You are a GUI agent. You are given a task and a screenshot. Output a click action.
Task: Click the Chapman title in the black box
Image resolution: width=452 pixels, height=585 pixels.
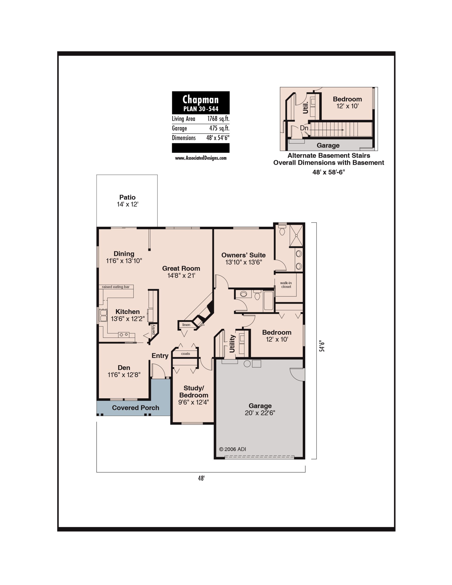(x=200, y=99)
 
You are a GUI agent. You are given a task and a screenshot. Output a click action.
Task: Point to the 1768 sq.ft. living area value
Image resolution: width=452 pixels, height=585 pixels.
(x=218, y=119)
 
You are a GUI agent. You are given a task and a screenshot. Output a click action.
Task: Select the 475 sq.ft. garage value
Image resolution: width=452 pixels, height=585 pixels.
(x=219, y=128)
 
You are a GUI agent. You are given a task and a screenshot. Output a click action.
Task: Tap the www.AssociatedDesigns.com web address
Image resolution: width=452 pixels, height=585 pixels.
(x=201, y=158)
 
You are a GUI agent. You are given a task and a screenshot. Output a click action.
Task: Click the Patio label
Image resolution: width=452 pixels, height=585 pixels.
(x=127, y=197)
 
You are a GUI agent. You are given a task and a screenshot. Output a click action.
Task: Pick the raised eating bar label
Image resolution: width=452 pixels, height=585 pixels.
(x=116, y=287)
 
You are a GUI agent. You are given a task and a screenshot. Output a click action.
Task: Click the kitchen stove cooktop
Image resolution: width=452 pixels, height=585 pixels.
(x=124, y=335)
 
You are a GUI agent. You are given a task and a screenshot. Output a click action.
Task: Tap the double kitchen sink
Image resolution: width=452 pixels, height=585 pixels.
(x=104, y=315)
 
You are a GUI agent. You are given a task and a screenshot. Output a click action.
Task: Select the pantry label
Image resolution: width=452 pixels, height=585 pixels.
(x=154, y=329)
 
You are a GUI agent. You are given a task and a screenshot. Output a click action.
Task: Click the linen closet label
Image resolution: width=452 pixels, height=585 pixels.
(x=186, y=325)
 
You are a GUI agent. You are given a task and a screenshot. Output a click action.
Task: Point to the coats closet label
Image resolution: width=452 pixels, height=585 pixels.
(x=185, y=354)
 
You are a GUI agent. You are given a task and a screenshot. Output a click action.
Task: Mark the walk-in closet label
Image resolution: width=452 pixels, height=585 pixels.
(x=286, y=285)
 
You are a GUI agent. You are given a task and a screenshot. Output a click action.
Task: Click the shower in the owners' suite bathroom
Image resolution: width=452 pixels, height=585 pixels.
(x=296, y=235)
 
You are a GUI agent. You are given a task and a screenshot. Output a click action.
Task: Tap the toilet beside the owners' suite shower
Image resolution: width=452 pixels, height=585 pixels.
(x=282, y=230)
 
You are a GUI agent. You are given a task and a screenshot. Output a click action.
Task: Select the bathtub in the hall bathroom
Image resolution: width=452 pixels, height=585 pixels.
(x=269, y=300)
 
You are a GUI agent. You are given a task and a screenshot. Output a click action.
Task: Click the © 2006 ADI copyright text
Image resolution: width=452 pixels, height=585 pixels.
(x=233, y=449)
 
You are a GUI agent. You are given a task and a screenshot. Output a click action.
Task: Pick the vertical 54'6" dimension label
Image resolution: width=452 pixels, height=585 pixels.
(x=322, y=346)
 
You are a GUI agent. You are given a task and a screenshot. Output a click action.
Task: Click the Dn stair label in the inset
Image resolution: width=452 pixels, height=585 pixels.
(x=304, y=128)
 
